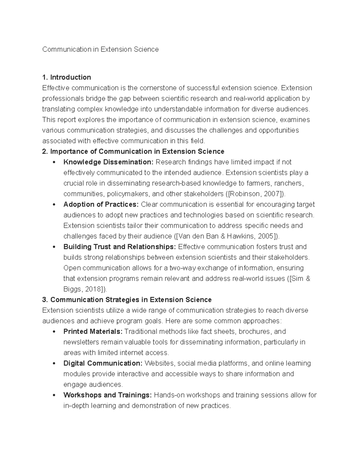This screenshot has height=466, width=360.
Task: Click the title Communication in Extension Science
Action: (100, 49)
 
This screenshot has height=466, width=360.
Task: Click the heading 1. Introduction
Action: (67, 77)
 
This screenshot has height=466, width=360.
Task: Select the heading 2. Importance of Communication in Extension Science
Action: (133, 152)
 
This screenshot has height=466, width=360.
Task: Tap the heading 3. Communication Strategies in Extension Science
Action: (127, 300)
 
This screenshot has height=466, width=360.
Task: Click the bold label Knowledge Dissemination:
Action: (108, 162)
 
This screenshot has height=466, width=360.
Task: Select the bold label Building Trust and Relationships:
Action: (120, 247)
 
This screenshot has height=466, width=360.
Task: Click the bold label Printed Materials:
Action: (93, 332)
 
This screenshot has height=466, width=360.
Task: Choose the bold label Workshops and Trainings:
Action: (107, 395)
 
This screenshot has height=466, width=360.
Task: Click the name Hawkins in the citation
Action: (240, 236)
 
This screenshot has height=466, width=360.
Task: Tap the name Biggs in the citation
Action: (72, 289)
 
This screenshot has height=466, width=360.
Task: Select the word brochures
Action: (254, 332)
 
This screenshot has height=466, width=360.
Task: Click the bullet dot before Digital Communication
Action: (54, 363)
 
